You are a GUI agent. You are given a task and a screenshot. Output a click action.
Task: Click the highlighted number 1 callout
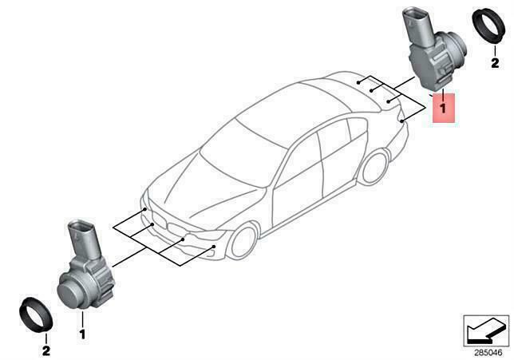coord(443,105)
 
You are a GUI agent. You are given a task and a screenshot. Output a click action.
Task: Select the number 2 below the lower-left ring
coord(45,350)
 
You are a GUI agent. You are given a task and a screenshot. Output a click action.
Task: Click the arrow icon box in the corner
coord(487,327)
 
